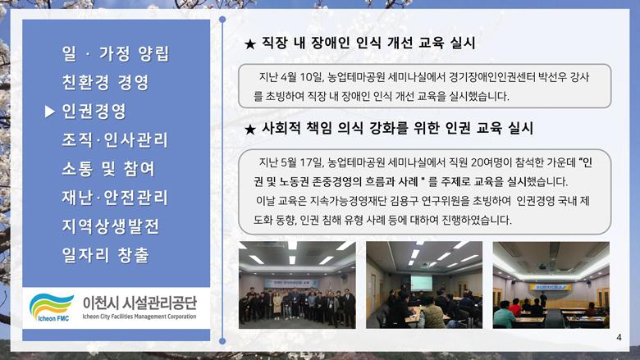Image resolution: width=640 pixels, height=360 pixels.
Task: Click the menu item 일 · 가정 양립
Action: coord(116,54)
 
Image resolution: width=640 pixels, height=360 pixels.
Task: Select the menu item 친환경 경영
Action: coord(105,82)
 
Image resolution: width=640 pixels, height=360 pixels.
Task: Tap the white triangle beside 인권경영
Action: coord(50,112)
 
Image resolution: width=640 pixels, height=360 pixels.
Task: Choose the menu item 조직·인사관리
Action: coord(115,140)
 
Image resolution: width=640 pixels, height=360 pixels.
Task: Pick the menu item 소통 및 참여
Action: coord(108,169)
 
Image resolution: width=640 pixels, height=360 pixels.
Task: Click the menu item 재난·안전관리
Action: coord(115,198)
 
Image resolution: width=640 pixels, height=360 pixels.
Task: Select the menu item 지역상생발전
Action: coord(110,226)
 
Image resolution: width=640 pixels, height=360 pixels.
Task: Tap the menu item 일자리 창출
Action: coord(105,255)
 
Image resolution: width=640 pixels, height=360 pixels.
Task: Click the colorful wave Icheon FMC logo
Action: coord(52,308)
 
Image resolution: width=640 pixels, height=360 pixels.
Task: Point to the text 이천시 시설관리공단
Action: coord(139,303)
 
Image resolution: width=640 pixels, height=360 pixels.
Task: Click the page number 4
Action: coord(619,337)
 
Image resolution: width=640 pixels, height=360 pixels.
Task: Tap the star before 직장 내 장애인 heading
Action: coord(249,43)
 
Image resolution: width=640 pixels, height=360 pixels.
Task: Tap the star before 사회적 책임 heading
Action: coord(249,130)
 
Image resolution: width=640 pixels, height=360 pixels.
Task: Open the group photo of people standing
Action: coord(297,285)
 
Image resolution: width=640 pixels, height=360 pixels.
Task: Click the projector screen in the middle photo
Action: coord(421,283)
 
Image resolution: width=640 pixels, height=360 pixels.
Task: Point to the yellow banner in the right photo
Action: coord(551,288)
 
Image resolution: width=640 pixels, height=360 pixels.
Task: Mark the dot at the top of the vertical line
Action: coord(222,20)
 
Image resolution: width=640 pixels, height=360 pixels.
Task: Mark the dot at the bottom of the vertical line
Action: coord(222,341)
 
